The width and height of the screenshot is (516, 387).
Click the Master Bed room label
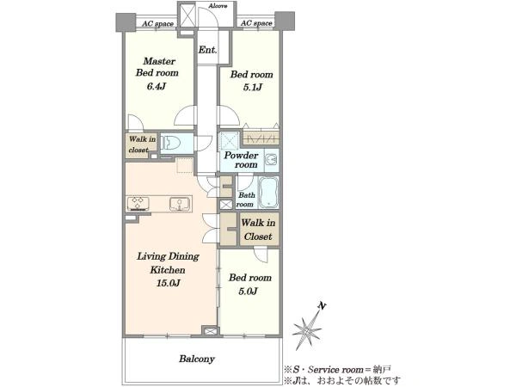[157, 67]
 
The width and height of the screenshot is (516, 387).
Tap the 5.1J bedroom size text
[252, 88]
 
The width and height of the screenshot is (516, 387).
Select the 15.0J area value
[168, 283]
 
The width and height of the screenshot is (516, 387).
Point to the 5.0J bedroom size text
[248, 292]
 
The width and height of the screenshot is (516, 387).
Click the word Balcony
[197, 359]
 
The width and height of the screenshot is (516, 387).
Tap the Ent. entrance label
[207, 50]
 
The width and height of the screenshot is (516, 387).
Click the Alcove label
[218, 6]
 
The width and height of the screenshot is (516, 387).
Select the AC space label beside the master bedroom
[157, 24]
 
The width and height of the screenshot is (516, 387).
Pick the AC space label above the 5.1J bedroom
[256, 23]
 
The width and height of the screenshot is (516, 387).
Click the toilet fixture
[171, 144]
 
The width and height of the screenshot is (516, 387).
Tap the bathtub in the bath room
[268, 193]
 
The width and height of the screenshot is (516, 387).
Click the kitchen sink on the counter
[180, 204]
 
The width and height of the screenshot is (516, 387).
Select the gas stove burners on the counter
[138, 204]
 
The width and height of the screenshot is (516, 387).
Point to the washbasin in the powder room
[272, 160]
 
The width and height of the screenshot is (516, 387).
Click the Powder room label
[241, 160]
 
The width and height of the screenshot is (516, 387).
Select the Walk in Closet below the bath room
[258, 230]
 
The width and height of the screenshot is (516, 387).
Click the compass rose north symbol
[307, 329]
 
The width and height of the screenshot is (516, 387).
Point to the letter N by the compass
[322, 306]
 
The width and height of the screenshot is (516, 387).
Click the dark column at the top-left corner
[126, 22]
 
